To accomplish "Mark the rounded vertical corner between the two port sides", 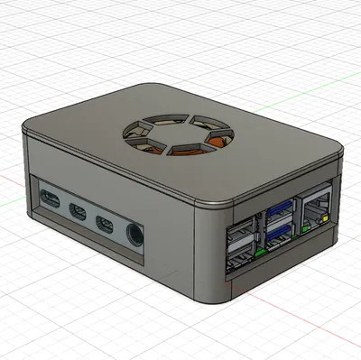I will pyautogui.click(x=207, y=253).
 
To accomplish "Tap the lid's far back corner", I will pyautogui.click(x=144, y=88).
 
